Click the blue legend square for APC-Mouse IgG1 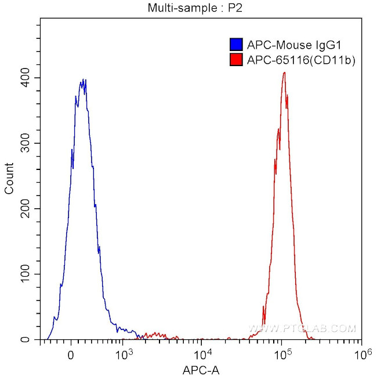coord(236,45)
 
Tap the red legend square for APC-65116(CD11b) coord(236,59)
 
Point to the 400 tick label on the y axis coord(25,78)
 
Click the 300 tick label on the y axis coord(25,143)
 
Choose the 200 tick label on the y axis coord(25,209)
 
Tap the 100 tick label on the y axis coord(25,274)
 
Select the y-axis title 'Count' coord(10,179)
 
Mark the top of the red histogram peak coord(284,72)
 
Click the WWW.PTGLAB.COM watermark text coord(302,329)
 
